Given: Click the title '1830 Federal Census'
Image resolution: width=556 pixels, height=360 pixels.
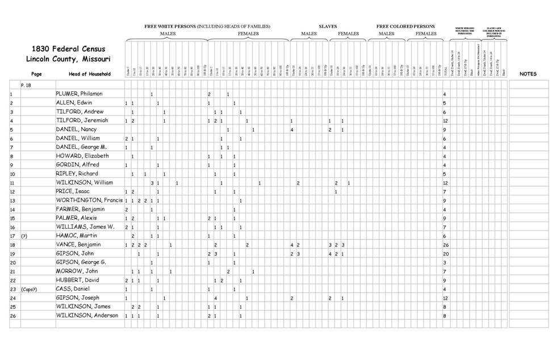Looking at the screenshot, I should coord(68,49).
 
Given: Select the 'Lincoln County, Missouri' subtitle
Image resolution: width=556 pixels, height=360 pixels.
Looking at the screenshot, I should coord(68,59).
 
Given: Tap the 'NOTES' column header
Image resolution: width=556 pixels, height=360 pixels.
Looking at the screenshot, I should coord(528,74).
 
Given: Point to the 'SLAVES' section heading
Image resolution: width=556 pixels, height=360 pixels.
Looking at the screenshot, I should coord(327,26).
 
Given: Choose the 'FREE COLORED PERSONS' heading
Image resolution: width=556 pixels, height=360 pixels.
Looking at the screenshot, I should coord(405,26).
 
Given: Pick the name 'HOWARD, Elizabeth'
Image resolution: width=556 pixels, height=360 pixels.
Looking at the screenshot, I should coord(82,156).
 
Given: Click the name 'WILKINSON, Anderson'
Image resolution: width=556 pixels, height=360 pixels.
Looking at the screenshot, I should coord(86,315).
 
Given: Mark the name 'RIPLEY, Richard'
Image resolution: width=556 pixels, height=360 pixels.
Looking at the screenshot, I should coord(77,174).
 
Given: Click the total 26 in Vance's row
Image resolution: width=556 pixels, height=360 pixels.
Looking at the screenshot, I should coord(446,245).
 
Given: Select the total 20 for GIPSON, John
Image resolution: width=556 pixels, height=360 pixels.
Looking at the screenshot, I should coord(446,254).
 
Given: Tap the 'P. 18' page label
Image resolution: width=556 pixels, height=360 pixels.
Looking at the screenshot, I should coord(26,84).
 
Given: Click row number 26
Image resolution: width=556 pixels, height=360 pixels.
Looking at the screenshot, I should coord(12,316).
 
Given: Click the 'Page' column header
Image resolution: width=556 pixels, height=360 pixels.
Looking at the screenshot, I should coord(36,74).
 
